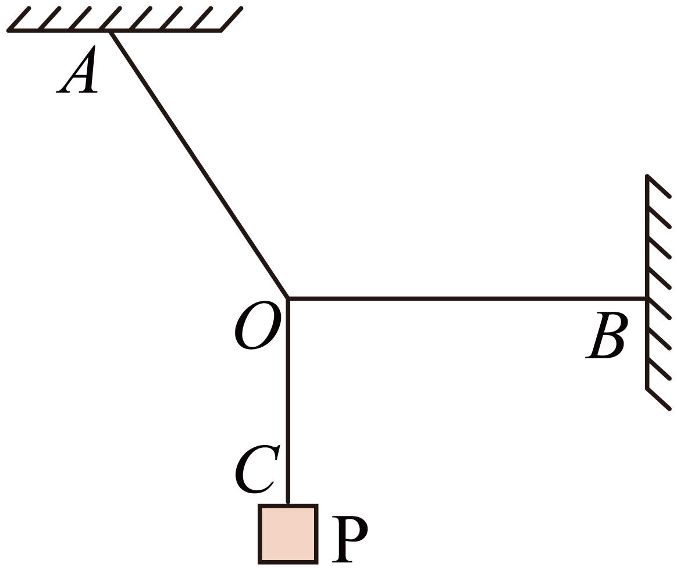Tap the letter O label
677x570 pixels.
(258, 325)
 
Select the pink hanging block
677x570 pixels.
(288, 534)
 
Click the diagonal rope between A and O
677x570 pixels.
(199, 165)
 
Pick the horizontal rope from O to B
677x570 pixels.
(467, 298)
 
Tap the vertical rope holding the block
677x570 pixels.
(288, 401)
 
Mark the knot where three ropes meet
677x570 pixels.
(288, 298)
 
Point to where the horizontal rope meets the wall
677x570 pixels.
(647, 298)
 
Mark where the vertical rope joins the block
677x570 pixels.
(288, 504)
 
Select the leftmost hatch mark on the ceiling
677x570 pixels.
(19, 19)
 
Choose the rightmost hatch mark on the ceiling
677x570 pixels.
(231, 19)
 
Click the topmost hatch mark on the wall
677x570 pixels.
(658, 186)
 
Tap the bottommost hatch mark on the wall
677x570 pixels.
(658, 399)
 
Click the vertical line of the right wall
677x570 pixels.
(647, 282)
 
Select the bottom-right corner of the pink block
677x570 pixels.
(318, 563)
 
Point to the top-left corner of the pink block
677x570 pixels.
(259, 505)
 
